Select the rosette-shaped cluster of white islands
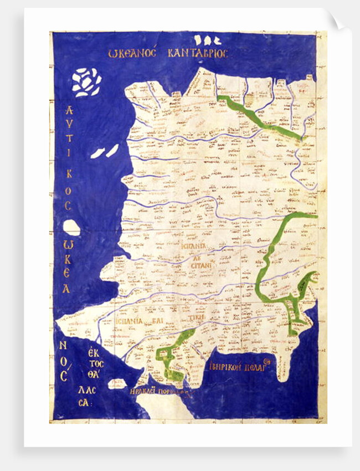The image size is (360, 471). click(87, 81)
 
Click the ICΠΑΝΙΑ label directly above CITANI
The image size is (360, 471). click(194, 245)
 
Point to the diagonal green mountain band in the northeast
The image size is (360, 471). click(258, 117)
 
